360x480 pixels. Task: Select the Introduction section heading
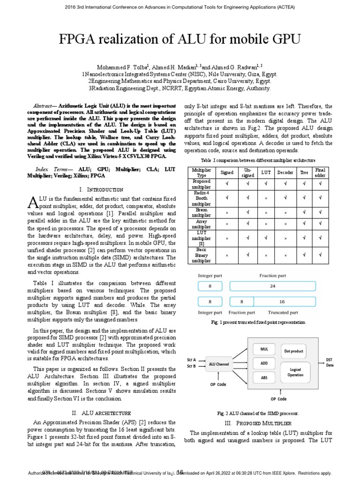(101, 189)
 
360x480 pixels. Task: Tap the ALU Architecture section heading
(101, 413)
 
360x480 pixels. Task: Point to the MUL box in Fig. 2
(264, 349)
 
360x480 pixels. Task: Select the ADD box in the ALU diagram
(264, 363)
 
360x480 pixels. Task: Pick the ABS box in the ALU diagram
(264, 377)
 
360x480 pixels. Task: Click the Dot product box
(294, 351)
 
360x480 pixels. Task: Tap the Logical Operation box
(295, 372)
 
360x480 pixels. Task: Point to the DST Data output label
(330, 362)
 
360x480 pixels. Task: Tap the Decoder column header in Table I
(285, 172)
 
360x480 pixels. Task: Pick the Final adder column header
(320, 172)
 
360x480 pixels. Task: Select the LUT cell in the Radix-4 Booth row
(266, 198)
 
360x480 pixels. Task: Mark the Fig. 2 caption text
(258, 413)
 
